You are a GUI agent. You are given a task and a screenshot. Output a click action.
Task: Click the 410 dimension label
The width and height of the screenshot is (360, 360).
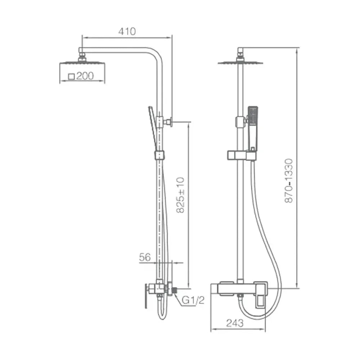[127, 31]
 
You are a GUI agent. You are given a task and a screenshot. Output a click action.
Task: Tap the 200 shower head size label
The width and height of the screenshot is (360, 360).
[85, 76]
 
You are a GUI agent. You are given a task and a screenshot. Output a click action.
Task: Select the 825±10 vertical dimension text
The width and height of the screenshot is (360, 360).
[181, 195]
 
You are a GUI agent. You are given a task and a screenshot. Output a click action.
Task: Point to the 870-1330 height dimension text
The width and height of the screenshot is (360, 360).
[289, 181]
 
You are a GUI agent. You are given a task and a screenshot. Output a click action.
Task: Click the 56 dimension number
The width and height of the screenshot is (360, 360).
[145, 257]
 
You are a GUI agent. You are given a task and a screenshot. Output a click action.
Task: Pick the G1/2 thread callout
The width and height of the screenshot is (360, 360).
[193, 300]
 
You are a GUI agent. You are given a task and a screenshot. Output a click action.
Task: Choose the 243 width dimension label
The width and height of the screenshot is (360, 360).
[235, 323]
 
